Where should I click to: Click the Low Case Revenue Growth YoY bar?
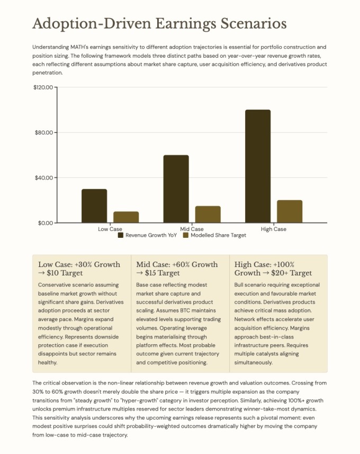pos(94,206)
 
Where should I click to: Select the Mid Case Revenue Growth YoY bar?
pos(176,189)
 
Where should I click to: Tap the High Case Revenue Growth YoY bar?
pos(258,166)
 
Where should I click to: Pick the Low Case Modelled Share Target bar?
pos(126,217)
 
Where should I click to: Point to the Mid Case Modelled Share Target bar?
pos(208,215)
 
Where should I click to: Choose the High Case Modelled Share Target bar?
pos(290,211)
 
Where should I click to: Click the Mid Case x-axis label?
pos(192,229)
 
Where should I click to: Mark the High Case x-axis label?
pos(274,229)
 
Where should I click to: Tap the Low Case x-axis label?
pos(110,229)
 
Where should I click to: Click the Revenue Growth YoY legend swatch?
pos(121,235)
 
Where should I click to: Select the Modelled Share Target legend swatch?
pos(185,235)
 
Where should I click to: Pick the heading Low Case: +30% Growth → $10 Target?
pos(79,269)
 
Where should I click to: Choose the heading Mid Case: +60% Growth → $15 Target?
pos(177,269)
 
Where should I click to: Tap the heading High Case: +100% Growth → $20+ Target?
pos(273,269)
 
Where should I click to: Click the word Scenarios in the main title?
pos(251,24)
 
